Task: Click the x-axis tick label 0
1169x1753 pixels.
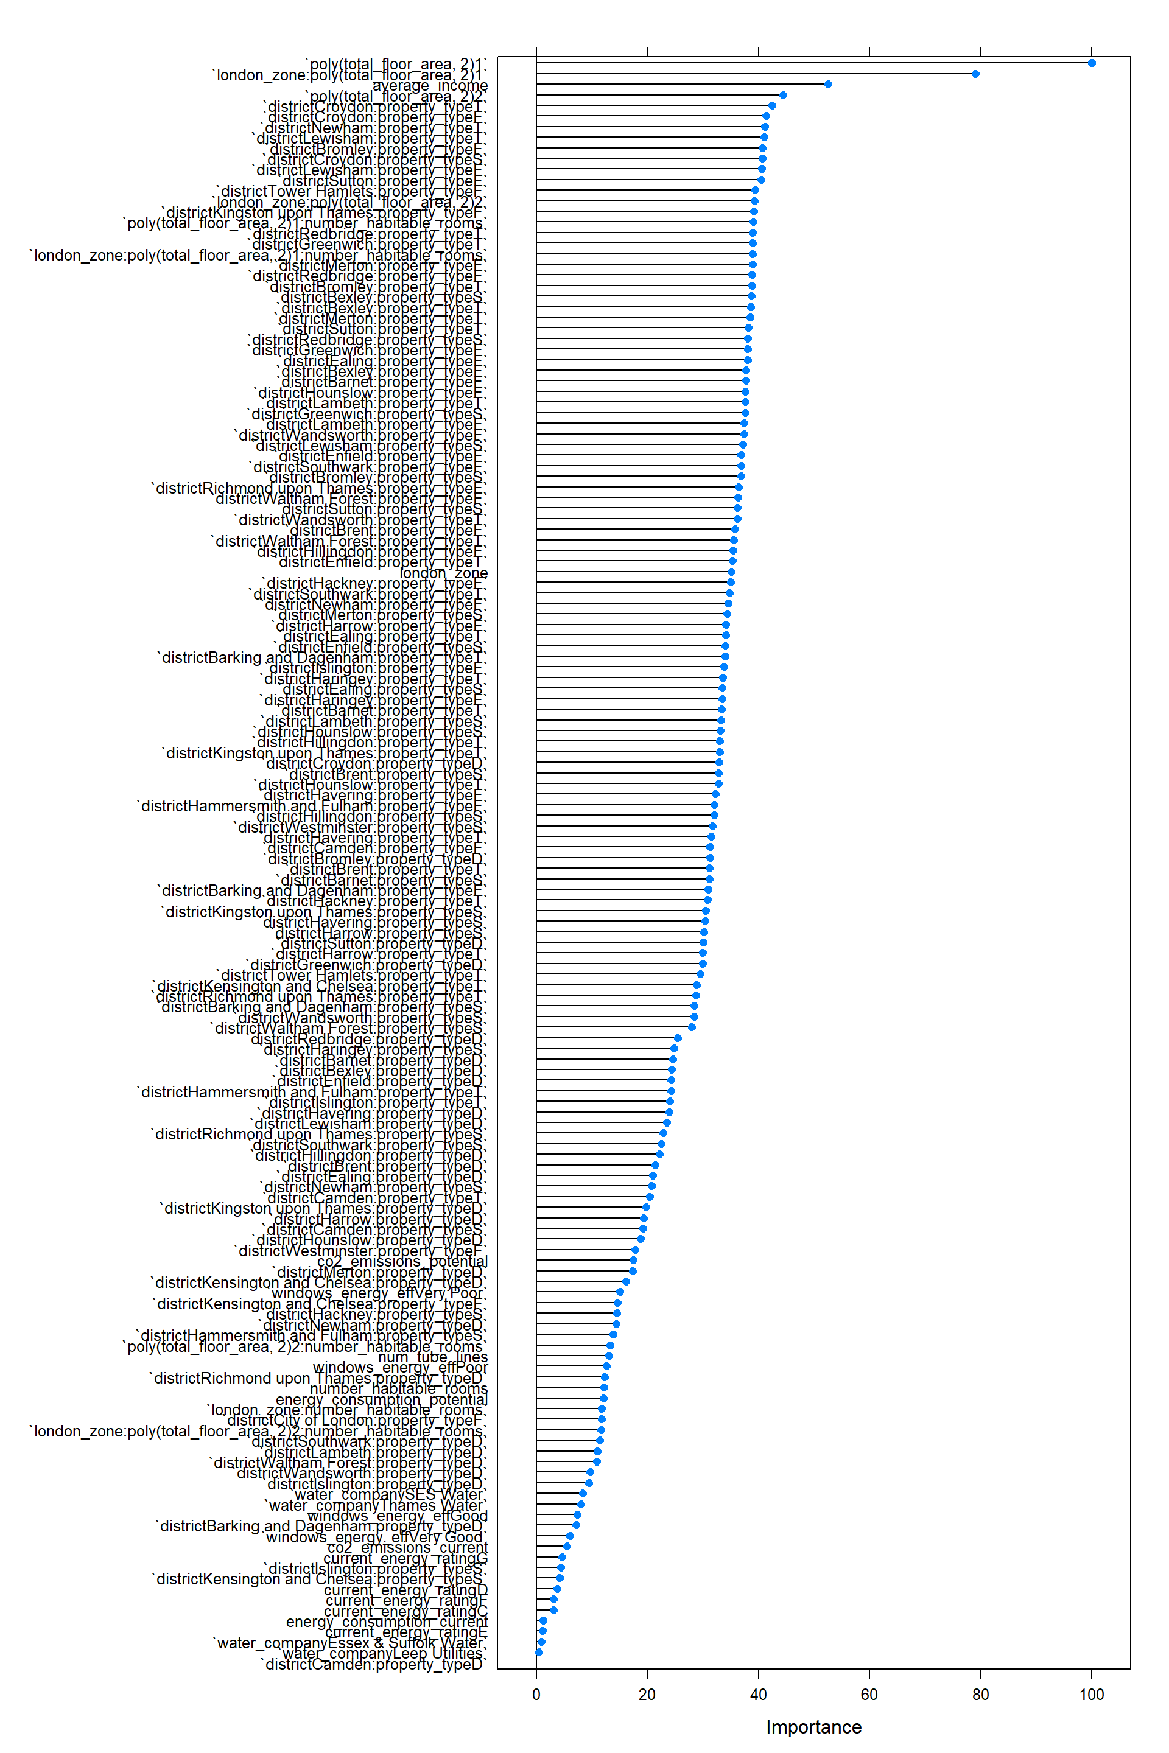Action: click(x=536, y=1694)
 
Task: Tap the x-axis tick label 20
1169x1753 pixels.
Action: click(x=647, y=1694)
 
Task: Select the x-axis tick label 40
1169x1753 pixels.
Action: click(x=758, y=1694)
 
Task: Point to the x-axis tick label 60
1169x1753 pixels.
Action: click(x=869, y=1694)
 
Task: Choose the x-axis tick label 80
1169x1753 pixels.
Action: click(x=980, y=1694)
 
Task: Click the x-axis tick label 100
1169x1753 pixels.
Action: click(x=1092, y=1694)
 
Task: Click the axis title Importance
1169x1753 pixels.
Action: click(x=813, y=1727)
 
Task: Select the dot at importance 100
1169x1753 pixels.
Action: click(x=1092, y=63)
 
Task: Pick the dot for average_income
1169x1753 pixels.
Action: click(x=828, y=84)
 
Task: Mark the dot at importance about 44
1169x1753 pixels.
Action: click(x=783, y=95)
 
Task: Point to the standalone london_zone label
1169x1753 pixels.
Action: click(x=444, y=572)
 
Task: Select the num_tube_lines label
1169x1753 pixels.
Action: click(x=432, y=1357)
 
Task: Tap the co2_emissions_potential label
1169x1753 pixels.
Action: click(x=402, y=1261)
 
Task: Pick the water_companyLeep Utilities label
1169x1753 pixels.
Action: click(x=383, y=1653)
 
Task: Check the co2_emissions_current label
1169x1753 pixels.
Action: click(x=407, y=1547)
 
